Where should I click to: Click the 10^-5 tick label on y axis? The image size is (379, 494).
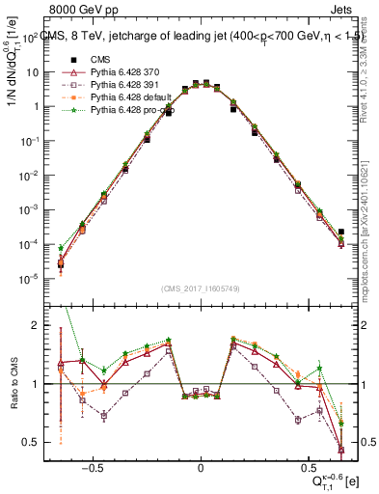click(x=27, y=279)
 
